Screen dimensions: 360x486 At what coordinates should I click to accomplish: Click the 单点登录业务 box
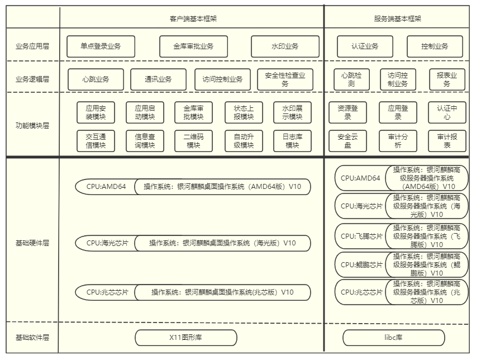[101, 46]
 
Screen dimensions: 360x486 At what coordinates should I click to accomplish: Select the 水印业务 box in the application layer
[285, 46]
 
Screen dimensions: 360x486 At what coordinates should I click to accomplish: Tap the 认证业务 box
[365, 46]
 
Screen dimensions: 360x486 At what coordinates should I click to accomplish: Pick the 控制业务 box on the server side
[435, 46]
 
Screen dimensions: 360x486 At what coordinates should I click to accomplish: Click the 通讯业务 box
[158, 79]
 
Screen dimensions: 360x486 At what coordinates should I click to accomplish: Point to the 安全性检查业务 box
[285, 79]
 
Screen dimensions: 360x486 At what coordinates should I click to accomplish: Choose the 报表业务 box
[447, 79]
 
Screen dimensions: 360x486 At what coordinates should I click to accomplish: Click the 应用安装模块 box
[96, 112]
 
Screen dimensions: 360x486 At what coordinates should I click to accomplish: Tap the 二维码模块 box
[194, 141]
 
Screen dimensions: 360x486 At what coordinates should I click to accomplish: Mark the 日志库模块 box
[292, 141]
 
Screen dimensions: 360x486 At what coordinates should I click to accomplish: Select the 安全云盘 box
[347, 141]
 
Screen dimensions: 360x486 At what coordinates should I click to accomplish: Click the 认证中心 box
[447, 112]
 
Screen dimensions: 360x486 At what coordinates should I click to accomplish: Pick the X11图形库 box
[186, 338]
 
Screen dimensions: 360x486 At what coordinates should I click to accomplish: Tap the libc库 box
[393, 338]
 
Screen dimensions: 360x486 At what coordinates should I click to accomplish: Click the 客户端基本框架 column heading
[193, 18]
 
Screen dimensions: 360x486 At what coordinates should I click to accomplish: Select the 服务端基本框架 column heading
[397, 18]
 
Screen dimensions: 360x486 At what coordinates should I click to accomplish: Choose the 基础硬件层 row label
[32, 243]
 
